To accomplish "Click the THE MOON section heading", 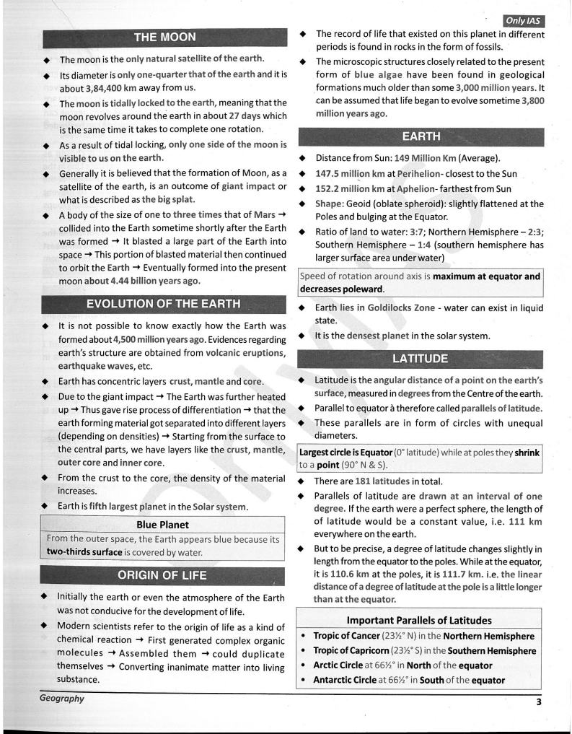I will [164, 38].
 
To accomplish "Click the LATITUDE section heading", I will [420, 359].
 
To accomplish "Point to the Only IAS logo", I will [524, 21].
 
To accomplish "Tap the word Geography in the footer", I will [62, 699].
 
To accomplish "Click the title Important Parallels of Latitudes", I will [419, 620].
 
